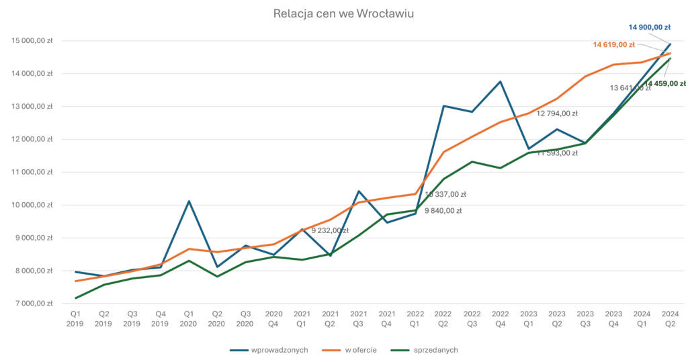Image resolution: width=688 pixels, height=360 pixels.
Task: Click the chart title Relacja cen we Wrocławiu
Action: pyautogui.click(x=343, y=13)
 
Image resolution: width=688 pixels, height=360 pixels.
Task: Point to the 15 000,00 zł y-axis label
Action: pyautogui.click(x=32, y=41)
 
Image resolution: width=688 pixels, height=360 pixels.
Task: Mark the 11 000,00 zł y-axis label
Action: pyautogui.click(x=32, y=172)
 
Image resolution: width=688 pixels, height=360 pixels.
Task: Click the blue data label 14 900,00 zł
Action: pyautogui.click(x=649, y=28)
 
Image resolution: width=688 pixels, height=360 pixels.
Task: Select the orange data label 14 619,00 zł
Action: pyautogui.click(x=614, y=45)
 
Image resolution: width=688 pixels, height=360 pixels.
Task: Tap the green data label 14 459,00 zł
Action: pyautogui.click(x=665, y=84)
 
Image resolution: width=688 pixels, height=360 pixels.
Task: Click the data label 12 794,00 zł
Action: pyautogui.click(x=557, y=114)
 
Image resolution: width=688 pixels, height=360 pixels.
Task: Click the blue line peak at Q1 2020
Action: pyautogui.click(x=189, y=201)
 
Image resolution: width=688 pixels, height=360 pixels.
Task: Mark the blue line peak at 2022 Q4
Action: pyautogui.click(x=500, y=82)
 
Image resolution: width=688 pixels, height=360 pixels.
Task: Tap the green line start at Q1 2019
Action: pyautogui.click(x=75, y=298)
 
